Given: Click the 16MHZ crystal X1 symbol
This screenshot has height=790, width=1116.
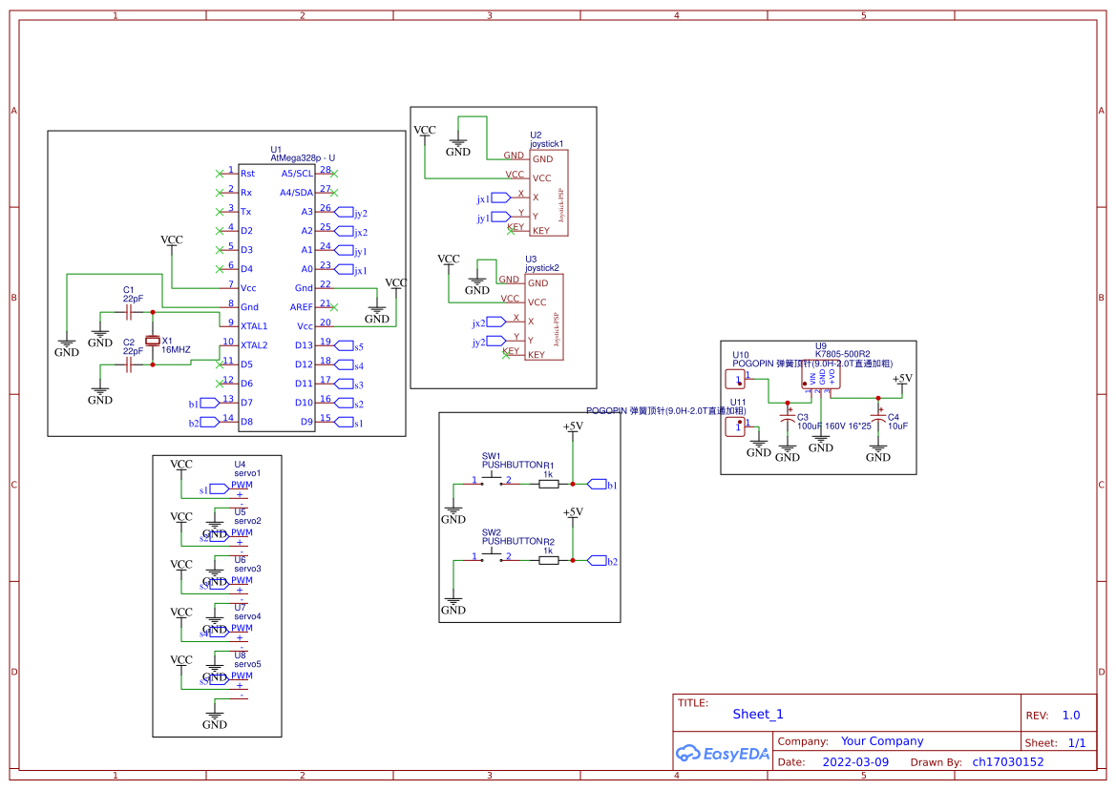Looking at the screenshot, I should click(x=152, y=341).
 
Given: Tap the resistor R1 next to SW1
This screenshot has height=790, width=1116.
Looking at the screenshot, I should click(x=548, y=484).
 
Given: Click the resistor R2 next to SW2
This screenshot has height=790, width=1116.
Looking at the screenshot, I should click(x=548, y=560).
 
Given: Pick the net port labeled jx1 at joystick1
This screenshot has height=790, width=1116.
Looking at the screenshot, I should click(x=500, y=198).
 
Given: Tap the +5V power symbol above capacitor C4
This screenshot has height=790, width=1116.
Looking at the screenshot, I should click(x=901, y=380).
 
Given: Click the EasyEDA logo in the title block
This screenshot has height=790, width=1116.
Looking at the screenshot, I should click(x=722, y=753).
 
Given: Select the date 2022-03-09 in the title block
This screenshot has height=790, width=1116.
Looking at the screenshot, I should click(x=854, y=762).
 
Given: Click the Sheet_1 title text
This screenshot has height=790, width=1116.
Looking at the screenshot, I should click(x=758, y=714).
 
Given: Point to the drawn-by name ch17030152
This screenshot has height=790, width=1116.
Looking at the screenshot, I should click(x=1007, y=762).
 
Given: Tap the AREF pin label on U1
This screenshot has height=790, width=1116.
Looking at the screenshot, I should click(x=301, y=307).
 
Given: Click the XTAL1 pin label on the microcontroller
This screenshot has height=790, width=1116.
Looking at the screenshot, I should click(x=254, y=326).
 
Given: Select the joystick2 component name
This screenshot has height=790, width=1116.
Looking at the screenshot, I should click(x=542, y=268).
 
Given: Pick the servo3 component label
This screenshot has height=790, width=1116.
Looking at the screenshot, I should click(x=247, y=569).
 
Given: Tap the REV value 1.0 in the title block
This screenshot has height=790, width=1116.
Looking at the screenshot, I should click(x=1070, y=715).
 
